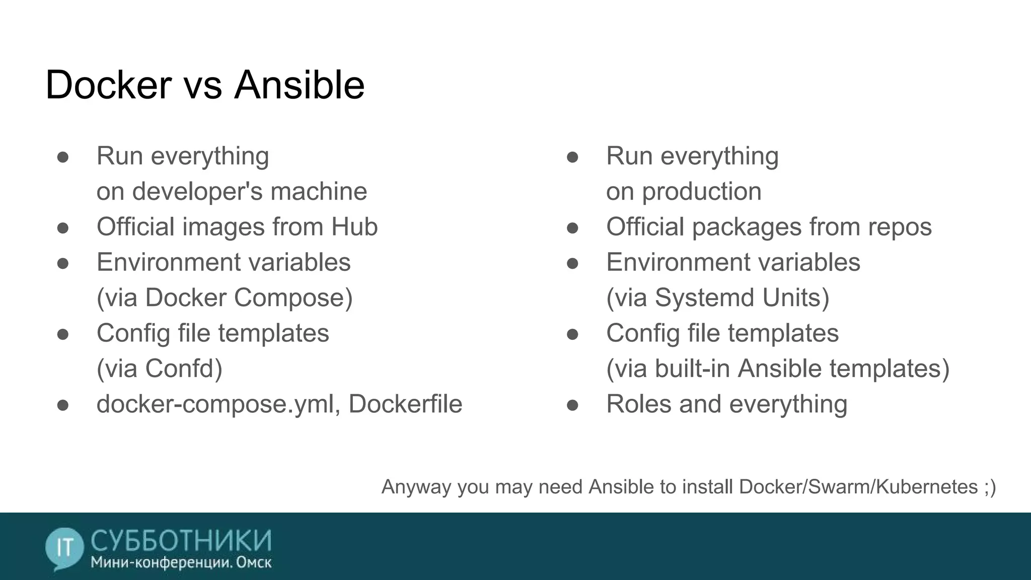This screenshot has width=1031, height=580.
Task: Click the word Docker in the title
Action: point(108,85)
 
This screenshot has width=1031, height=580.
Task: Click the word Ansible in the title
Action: point(299,85)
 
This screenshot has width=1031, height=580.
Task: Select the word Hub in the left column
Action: point(354,227)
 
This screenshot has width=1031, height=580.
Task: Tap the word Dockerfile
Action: point(405,404)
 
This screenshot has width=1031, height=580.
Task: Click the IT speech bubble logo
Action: point(64,548)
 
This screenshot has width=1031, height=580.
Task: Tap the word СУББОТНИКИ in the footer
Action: point(181,541)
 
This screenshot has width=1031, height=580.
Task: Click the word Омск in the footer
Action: point(254,562)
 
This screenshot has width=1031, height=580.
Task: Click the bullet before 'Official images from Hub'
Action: point(63,228)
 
